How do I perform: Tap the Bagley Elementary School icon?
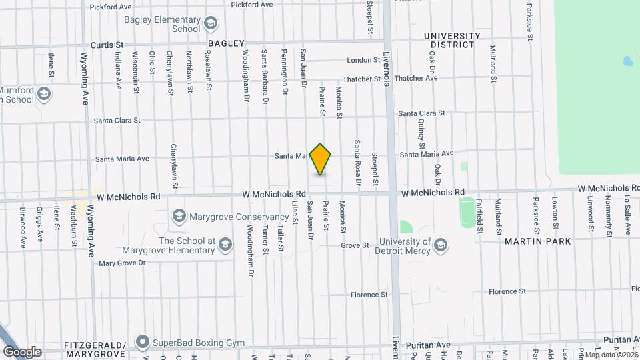211,24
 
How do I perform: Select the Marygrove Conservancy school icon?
179,217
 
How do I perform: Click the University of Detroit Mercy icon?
440,245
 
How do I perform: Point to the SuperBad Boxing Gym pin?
141,343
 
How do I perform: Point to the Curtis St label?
107,44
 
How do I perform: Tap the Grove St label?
355,246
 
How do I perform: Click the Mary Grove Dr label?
122,263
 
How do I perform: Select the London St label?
363,60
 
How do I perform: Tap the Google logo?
22,351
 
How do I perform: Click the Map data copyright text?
611,354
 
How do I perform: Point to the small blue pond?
628,61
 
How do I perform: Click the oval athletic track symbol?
467,210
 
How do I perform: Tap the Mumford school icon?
45,93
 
